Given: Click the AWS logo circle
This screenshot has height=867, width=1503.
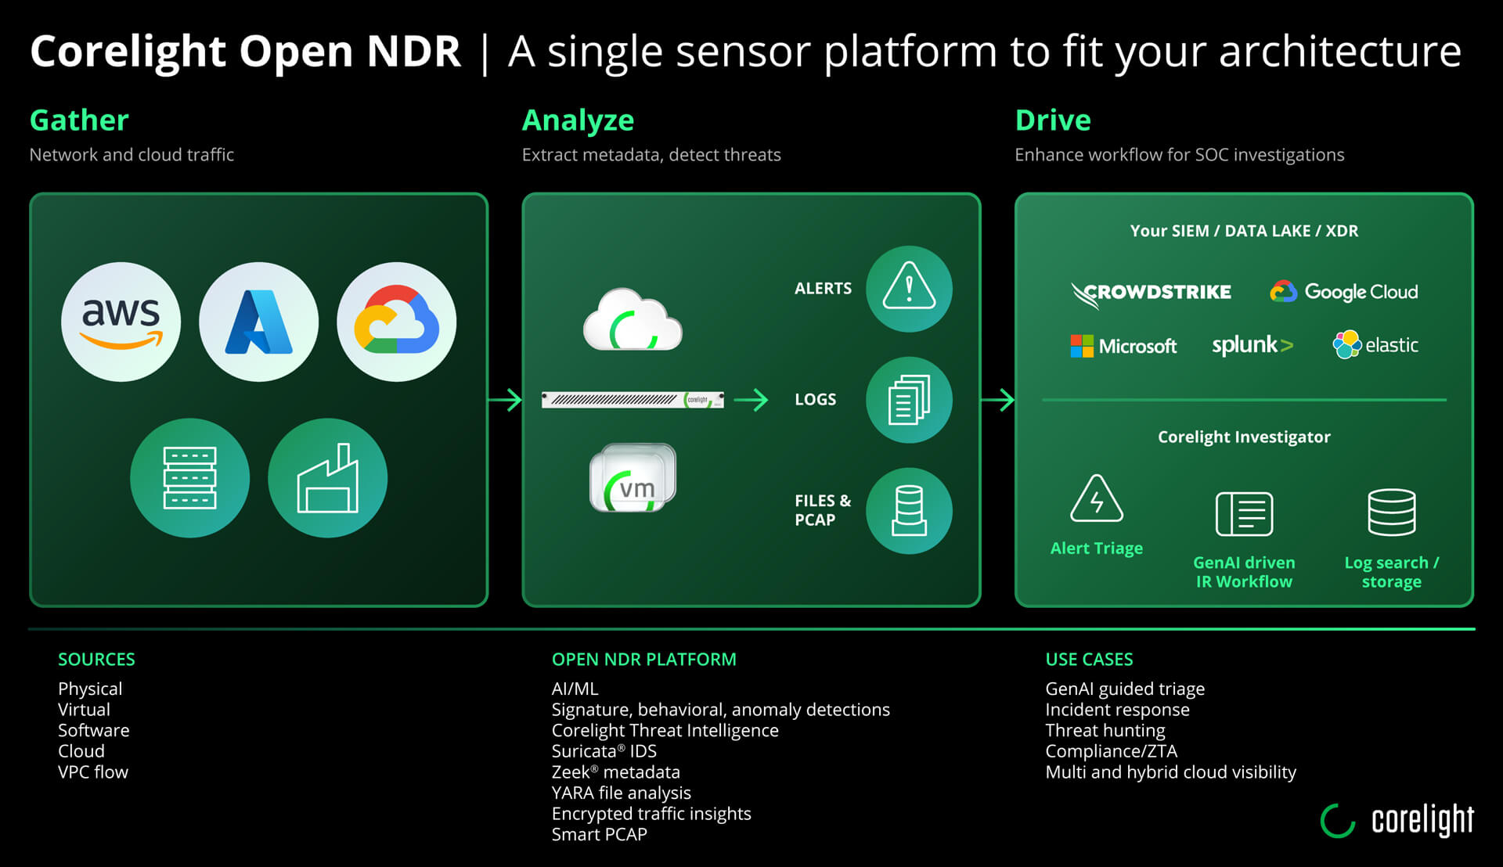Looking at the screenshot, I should tap(121, 322).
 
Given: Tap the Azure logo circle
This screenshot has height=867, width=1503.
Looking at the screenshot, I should tap(258, 322).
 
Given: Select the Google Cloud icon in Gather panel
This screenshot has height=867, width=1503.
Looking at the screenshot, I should tap(396, 322).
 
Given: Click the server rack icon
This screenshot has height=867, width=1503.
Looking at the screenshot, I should tap(189, 477).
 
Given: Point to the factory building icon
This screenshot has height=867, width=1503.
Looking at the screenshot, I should tap(327, 477).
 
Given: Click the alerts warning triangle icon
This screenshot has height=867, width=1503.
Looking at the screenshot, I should tap(908, 289).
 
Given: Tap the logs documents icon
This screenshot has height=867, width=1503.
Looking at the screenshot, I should tap(908, 400).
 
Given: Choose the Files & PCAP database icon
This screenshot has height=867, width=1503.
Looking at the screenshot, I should tap(908, 511).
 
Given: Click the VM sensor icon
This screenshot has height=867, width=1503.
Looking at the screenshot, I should tap(633, 480).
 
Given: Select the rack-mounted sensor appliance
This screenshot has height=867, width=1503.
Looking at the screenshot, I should tap(633, 400).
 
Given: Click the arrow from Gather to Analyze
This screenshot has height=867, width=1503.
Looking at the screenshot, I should tap(505, 400).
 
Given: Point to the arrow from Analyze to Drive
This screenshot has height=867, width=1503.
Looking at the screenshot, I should tap(997, 400).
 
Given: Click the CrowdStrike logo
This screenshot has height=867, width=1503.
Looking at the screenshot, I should tap(1151, 293).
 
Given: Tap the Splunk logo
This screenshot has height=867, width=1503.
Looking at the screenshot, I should tap(1252, 345).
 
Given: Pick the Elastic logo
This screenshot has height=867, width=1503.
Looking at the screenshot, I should tap(1375, 345).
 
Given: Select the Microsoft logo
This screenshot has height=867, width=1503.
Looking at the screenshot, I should tap(1123, 346).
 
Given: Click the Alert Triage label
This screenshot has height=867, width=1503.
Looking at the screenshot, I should tap(1096, 549).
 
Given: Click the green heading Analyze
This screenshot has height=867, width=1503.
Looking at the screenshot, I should tap(578, 121).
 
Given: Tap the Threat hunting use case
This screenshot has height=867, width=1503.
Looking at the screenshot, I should tap(1105, 731).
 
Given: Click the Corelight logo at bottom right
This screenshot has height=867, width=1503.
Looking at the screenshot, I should tap(1397, 820).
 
